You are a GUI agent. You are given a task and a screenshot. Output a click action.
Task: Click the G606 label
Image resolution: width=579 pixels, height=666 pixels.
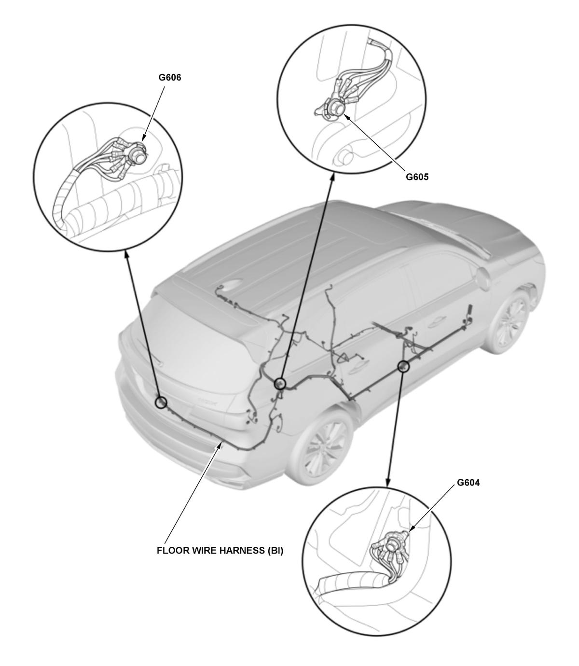click(169, 78)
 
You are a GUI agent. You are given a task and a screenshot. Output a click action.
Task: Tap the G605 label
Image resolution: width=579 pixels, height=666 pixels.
click(417, 177)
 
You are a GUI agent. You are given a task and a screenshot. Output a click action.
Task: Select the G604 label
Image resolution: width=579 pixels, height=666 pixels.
click(468, 483)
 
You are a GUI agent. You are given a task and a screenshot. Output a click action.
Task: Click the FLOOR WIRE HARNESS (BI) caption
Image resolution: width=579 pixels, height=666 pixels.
click(220, 550)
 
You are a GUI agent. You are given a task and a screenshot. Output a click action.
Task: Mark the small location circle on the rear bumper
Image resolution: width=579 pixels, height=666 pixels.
click(161, 402)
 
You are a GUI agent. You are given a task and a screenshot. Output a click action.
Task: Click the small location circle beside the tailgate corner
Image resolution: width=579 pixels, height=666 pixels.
click(280, 384)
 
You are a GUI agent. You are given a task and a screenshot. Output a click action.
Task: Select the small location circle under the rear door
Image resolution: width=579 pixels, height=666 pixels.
click(403, 366)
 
